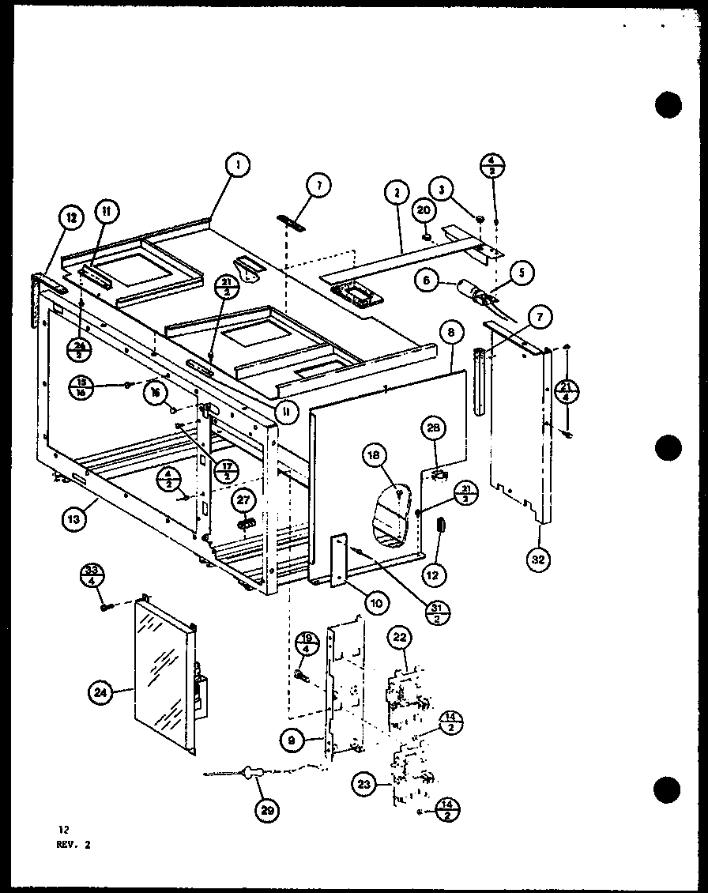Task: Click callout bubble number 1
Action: pyautogui.click(x=236, y=165)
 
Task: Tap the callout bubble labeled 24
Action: pyautogui.click(x=100, y=693)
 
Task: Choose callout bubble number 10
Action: pyautogui.click(x=376, y=603)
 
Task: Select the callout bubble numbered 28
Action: pyautogui.click(x=432, y=428)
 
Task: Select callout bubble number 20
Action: pyautogui.click(x=424, y=211)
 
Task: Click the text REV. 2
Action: pyautogui.click(x=74, y=844)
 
